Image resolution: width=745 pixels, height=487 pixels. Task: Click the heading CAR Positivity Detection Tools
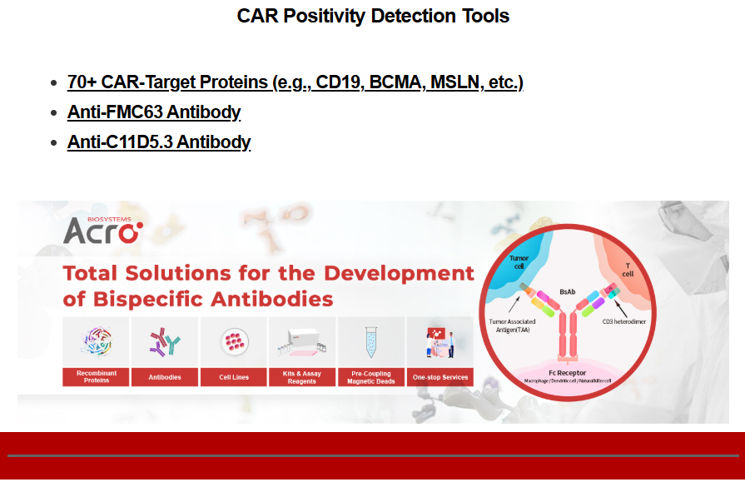pyautogui.click(x=373, y=16)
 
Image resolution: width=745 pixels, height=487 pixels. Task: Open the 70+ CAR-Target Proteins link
pyautogui.click(x=295, y=82)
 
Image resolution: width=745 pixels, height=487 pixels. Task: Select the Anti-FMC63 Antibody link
pyautogui.click(x=154, y=112)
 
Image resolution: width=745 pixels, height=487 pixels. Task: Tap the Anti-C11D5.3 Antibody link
pyautogui.click(x=159, y=142)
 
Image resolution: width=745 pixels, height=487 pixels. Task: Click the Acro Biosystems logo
pyautogui.click(x=103, y=231)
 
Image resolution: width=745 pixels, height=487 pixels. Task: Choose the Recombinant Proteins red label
pyautogui.click(x=96, y=377)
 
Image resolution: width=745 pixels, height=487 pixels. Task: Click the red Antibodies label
pyautogui.click(x=165, y=377)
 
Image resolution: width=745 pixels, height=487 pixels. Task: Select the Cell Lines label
pyautogui.click(x=234, y=377)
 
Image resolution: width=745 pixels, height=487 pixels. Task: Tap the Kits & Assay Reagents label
pyautogui.click(x=302, y=377)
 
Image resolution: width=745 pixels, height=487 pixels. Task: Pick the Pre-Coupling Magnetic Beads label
pyautogui.click(x=371, y=377)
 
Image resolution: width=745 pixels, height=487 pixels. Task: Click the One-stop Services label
pyautogui.click(x=440, y=377)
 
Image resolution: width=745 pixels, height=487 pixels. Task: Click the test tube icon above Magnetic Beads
pyautogui.click(x=371, y=341)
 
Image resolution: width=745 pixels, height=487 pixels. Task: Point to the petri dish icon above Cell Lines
pyautogui.click(x=234, y=341)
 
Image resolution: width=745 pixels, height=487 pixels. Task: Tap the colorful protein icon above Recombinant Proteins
pyautogui.click(x=97, y=341)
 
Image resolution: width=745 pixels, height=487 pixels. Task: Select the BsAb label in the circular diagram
pyautogui.click(x=568, y=291)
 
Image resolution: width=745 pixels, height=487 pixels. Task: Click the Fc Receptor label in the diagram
pyautogui.click(x=568, y=373)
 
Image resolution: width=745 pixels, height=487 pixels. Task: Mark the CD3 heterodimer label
pyautogui.click(x=623, y=321)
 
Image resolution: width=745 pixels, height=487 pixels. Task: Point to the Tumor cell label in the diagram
pyautogui.click(x=519, y=262)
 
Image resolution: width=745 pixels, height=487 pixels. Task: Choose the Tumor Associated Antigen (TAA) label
pyautogui.click(x=512, y=325)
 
